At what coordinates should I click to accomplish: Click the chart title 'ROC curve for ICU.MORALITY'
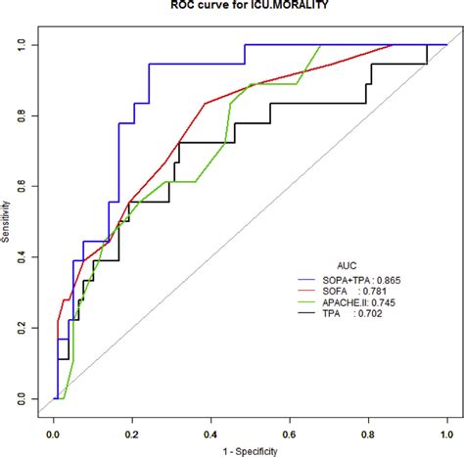tap(232, 5)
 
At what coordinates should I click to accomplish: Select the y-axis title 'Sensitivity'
tap(7, 222)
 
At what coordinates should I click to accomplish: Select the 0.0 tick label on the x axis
tap(53, 430)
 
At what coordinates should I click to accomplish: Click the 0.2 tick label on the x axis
tap(132, 430)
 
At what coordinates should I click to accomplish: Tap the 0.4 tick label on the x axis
tap(210, 430)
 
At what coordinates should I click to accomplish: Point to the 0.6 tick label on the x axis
tap(290, 430)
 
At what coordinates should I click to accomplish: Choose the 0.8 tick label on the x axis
tap(368, 430)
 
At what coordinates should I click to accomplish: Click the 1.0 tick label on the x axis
tap(447, 430)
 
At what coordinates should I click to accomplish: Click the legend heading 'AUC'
tap(348, 265)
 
